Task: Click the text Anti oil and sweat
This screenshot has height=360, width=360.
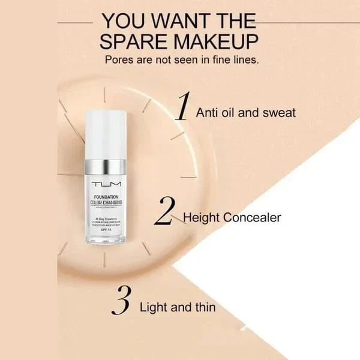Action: pos(246,112)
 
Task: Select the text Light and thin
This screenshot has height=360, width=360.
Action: pos(178,307)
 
